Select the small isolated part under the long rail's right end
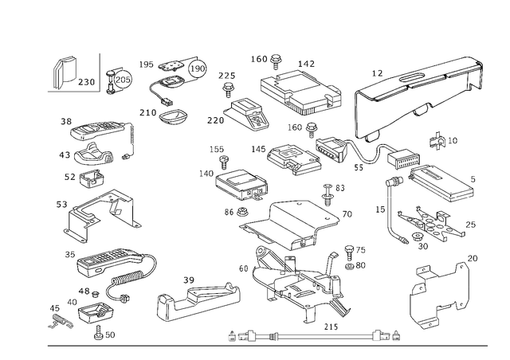pyautogui.click(x=436, y=142)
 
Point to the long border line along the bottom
pyautogui.click(x=263, y=346)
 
